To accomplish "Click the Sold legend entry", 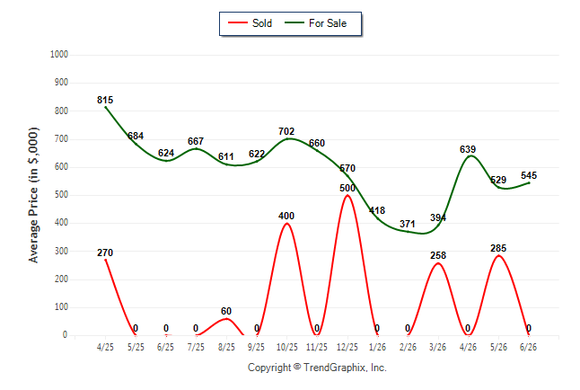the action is click(x=250, y=23).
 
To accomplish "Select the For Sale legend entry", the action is click(x=315, y=23).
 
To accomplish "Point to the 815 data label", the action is click(x=105, y=100).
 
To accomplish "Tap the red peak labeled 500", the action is click(x=347, y=195).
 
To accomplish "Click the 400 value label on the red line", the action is click(x=286, y=216).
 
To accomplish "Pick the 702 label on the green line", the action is click(x=286, y=131).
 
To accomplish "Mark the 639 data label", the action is click(x=468, y=149).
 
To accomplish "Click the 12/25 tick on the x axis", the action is click(x=347, y=347).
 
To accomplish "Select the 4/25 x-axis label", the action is click(x=105, y=347).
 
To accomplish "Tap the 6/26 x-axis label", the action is click(x=528, y=347).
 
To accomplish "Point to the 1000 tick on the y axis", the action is click(x=59, y=55).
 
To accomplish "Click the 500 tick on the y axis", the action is click(x=61, y=195).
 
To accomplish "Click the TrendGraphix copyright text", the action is click(x=317, y=368).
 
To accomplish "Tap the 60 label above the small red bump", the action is click(x=226, y=311).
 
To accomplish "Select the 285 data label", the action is click(x=498, y=248).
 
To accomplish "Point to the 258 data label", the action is click(x=438, y=255).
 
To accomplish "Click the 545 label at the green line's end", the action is click(x=529, y=175).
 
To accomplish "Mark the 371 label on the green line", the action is click(x=408, y=224).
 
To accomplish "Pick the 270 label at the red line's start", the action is click(x=105, y=253).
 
